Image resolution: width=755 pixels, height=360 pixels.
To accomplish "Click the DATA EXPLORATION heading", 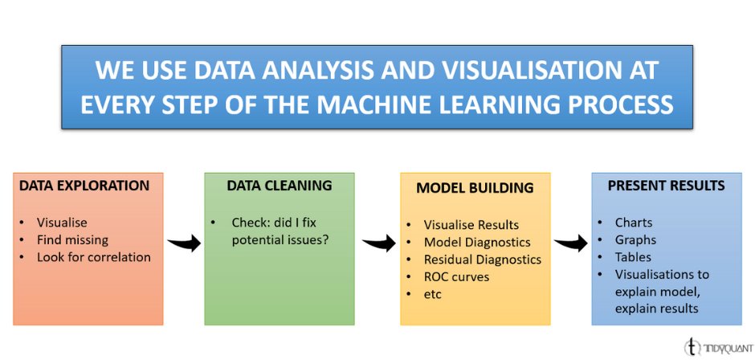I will coord(84,186).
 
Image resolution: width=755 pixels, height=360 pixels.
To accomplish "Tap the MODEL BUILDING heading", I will coord(475,188).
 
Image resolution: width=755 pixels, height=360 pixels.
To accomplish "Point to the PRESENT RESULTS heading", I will coord(666,186).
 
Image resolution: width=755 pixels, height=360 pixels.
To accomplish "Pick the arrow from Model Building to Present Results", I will coord(570,241).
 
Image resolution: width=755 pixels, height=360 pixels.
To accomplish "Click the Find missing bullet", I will coord(72,239).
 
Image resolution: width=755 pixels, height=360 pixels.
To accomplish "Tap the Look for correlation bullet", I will coord(93,257).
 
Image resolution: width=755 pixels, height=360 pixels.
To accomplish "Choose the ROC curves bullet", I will coord(456,277).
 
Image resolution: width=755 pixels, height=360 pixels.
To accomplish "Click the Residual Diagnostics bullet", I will coord(483,260).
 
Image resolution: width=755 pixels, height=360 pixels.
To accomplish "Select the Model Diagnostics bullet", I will coord(477,242).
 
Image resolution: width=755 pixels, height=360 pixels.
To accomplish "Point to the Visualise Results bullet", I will coord(471,224).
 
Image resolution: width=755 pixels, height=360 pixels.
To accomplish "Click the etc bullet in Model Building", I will coord(433,294).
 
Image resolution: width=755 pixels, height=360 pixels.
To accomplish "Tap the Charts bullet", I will coord(634,222).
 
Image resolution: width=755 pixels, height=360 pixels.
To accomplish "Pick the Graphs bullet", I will coord(635,239).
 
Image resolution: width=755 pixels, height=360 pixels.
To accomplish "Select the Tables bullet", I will coord(633,257).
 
